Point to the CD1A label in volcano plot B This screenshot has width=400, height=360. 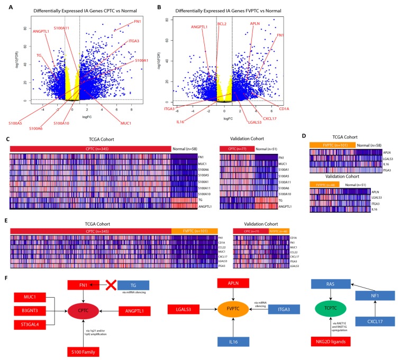284,109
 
